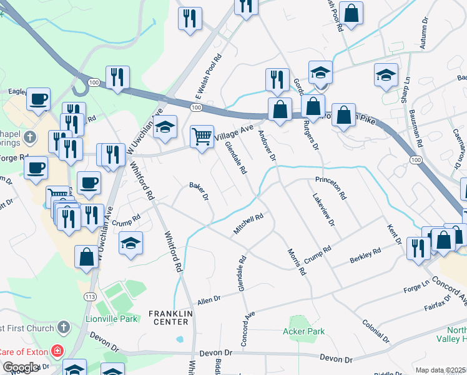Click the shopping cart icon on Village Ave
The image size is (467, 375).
(202, 137)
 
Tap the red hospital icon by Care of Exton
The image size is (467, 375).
(57, 351)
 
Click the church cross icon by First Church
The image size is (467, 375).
(62, 327)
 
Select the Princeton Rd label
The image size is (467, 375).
(331, 187)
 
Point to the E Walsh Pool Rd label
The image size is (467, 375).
(209, 77)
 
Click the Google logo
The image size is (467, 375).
(21, 367)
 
